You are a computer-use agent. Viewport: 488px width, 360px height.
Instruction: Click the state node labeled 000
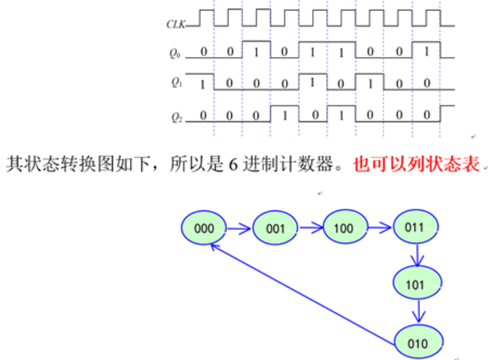click(205, 228)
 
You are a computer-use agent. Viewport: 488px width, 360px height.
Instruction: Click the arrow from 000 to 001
click(240, 228)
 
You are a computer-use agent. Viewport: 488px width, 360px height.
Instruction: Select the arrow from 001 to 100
click(311, 228)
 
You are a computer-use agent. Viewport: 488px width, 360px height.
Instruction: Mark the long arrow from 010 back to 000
click(304, 289)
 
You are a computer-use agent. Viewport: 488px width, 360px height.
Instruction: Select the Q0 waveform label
click(174, 52)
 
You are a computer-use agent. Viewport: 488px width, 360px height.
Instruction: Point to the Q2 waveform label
click(174, 116)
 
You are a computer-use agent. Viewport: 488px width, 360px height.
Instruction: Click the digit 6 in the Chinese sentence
click(234, 164)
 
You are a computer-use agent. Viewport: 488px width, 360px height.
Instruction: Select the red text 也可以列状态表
click(416, 164)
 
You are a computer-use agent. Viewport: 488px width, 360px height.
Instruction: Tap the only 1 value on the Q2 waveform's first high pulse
click(285, 115)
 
